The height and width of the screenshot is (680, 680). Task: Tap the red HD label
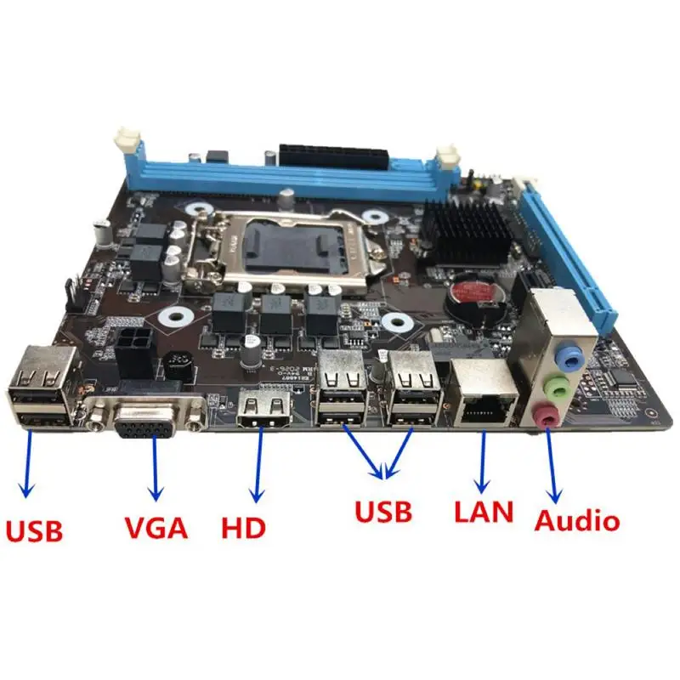pyautogui.click(x=243, y=526)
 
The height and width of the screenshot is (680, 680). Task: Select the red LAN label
pyautogui.click(x=484, y=512)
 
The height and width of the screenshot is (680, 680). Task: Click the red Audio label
pyautogui.click(x=577, y=519)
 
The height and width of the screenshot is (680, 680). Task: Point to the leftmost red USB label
pyautogui.click(x=34, y=530)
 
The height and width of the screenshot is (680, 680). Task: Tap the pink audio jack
pyautogui.click(x=547, y=416)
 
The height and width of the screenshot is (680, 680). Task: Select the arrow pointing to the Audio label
pyautogui.click(x=552, y=467)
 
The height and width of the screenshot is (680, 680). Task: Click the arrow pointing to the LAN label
pyautogui.click(x=483, y=463)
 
